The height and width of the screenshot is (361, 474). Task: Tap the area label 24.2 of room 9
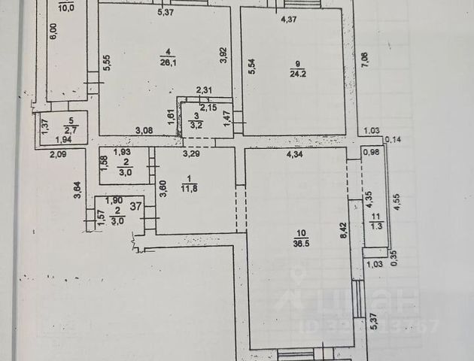(296, 73)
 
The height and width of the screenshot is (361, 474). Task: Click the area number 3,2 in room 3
(196, 126)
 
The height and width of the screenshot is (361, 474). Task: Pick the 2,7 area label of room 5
(71, 129)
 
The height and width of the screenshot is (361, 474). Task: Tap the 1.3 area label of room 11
(377, 225)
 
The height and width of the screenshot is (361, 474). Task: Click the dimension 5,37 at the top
(166, 11)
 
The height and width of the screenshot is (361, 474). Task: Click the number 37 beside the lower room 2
(136, 205)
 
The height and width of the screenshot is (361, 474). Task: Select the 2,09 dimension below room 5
(59, 154)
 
